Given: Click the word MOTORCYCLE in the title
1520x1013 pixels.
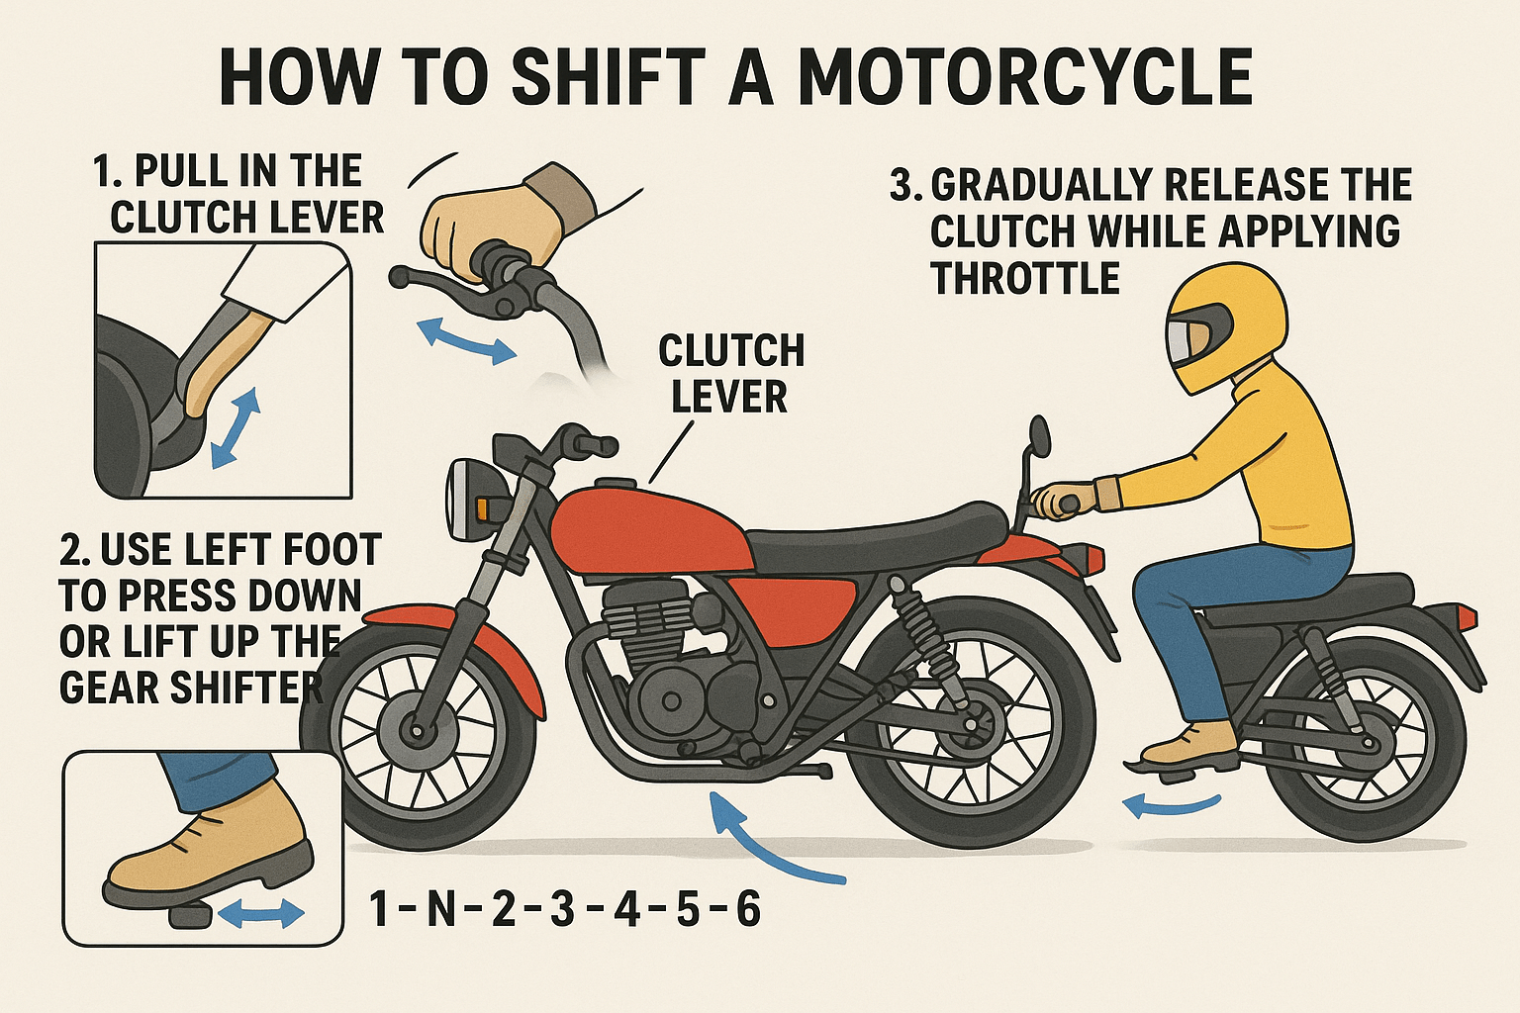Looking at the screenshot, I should [x=1024, y=77].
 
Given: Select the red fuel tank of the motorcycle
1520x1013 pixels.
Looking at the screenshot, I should [x=643, y=529].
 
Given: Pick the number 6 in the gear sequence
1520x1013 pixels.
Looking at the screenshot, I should [x=747, y=908].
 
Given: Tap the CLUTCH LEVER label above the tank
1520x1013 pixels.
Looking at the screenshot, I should [x=730, y=374].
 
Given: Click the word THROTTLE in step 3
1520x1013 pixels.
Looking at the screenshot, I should [x=1024, y=279].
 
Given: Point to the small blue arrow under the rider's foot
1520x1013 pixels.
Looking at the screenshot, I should [x=1173, y=806].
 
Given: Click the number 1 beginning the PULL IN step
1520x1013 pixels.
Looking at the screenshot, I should [x=103, y=171].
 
